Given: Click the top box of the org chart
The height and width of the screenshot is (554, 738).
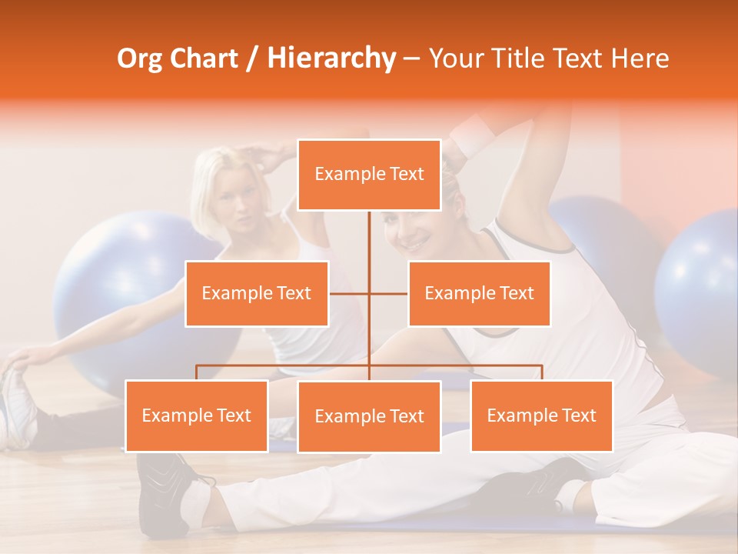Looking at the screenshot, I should pyautogui.click(x=369, y=175).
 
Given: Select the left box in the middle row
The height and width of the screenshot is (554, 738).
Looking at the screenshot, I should pyautogui.click(x=257, y=293).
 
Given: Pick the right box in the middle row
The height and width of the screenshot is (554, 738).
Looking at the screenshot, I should pyautogui.click(x=479, y=293).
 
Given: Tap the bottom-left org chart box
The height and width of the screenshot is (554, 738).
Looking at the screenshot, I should pyautogui.click(x=197, y=415).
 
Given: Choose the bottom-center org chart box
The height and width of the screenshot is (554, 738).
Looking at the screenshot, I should pyautogui.click(x=369, y=416).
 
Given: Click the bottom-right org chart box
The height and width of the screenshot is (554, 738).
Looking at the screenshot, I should pyautogui.click(x=541, y=415).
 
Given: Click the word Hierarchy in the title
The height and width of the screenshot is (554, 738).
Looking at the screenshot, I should pyautogui.click(x=331, y=58).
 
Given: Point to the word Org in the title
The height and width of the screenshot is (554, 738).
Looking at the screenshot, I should pyautogui.click(x=141, y=58).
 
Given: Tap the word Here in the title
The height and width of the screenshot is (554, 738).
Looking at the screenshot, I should pyautogui.click(x=640, y=58).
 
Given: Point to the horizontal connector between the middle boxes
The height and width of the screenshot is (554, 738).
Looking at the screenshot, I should pyautogui.click(x=369, y=293).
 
